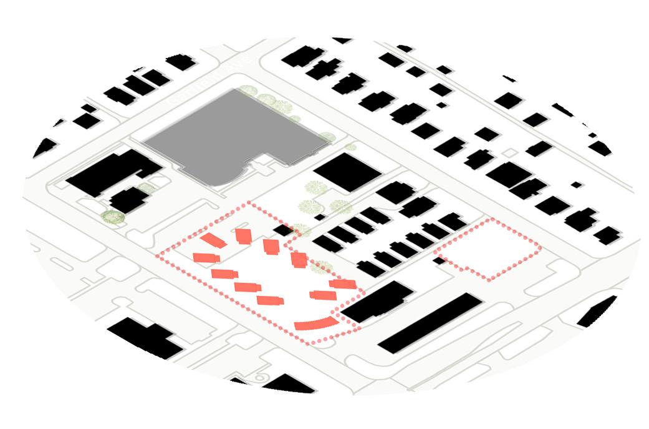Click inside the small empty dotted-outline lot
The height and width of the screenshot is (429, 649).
tap(488, 249)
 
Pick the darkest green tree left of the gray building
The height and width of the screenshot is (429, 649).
tap(113, 217)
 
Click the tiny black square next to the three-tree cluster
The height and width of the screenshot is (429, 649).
tap(319, 217)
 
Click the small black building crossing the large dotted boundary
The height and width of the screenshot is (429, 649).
tap(284, 230)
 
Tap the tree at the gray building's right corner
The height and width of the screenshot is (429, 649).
tap(327, 138)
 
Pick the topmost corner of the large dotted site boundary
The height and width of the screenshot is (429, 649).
tap(248, 203)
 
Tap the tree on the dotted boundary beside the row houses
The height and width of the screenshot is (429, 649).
tap(322, 267)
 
